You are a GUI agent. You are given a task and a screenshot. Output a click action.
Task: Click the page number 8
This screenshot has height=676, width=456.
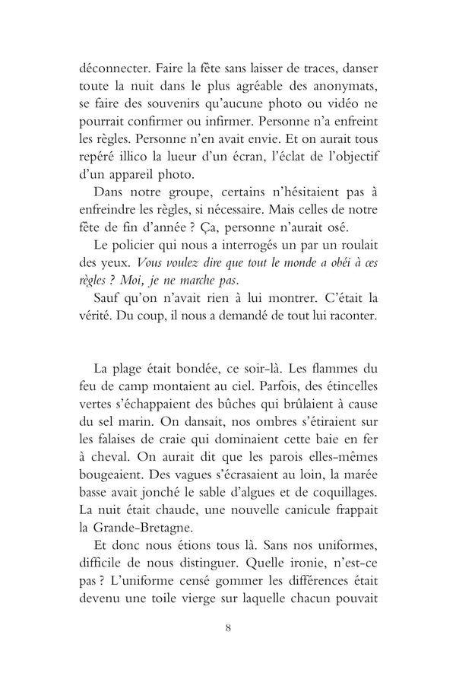[x=228, y=651]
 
